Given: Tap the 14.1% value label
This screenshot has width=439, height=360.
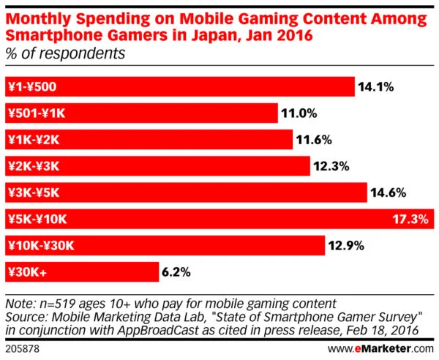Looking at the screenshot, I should tap(376, 87).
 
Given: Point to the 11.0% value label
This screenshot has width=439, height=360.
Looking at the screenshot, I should tap(300, 113).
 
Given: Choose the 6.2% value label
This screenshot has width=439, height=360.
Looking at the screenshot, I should tap(178, 271).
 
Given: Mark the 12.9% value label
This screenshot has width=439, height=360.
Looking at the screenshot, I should tap(347, 245).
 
